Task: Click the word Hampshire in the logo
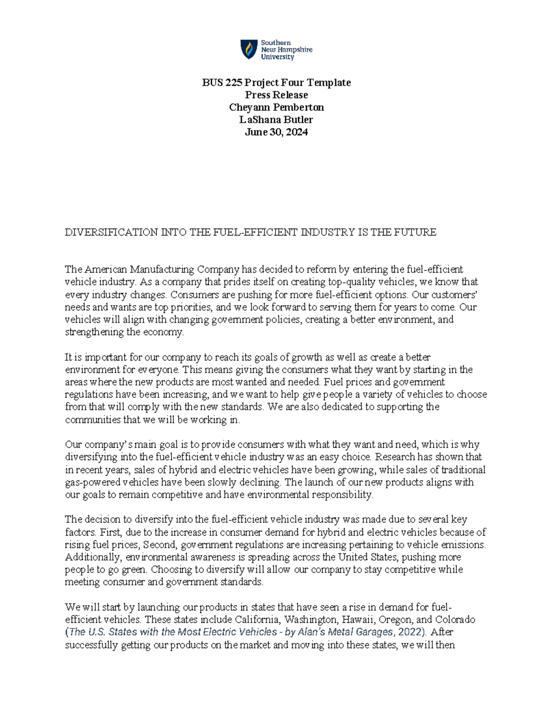[x=294, y=50]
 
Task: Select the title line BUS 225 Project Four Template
[x=276, y=83]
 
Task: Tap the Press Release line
[x=276, y=95]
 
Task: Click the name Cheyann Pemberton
[x=276, y=107]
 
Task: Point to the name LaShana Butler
[x=276, y=120]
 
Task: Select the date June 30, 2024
[x=276, y=132]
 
